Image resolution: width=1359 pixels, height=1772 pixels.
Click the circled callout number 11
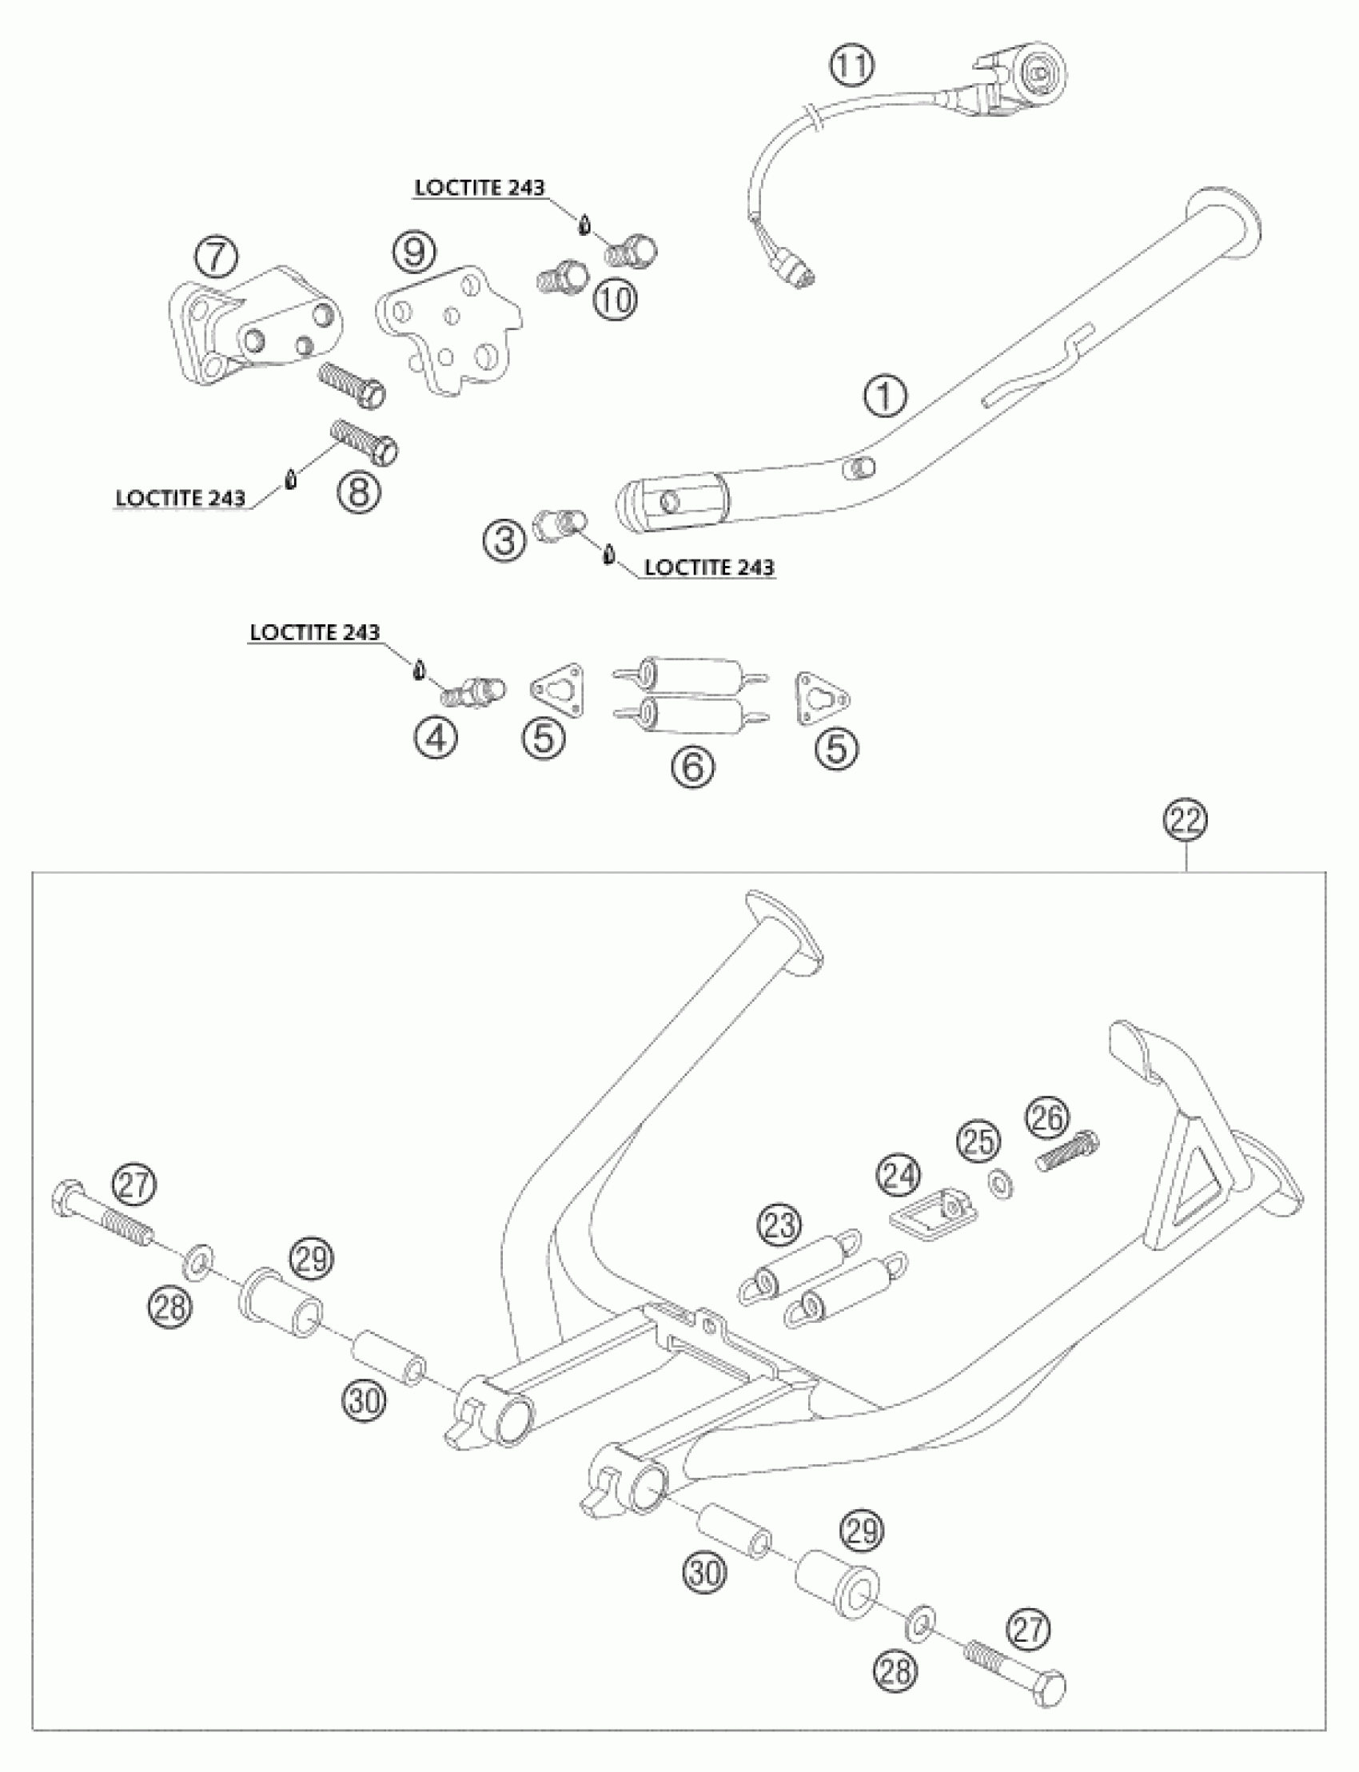coord(852,66)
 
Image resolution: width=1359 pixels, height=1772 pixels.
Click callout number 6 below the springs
coord(693,766)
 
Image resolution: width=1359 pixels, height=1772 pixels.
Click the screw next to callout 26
coord(1068,1153)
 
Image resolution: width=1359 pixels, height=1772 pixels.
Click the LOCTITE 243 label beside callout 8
coord(181,498)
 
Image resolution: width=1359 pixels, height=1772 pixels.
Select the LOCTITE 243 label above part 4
coord(315,632)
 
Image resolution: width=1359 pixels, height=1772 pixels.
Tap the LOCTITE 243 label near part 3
coord(709,567)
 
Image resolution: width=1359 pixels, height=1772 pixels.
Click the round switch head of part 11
coord(1041,74)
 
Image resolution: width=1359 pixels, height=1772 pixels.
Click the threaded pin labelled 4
coord(474,691)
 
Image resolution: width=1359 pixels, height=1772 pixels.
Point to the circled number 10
coord(616,300)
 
